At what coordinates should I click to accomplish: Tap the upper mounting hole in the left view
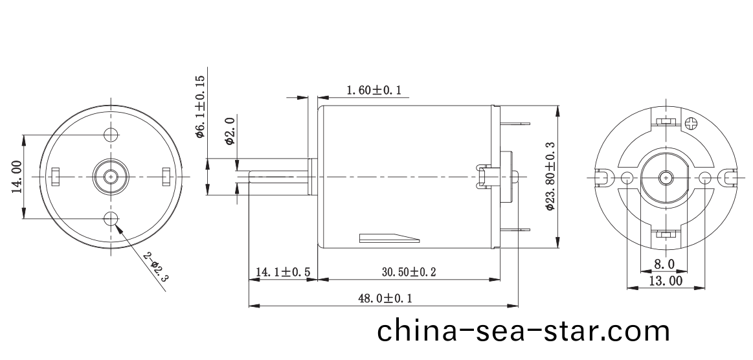111,134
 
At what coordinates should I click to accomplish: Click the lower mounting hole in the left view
111,218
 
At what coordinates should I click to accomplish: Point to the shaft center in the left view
111,175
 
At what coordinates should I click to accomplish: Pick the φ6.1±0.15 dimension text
200,107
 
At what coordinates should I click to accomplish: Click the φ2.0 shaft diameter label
229,131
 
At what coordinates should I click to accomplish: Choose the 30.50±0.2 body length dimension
408,273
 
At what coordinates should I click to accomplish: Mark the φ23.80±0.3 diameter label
550,177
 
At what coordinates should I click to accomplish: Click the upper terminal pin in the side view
516,123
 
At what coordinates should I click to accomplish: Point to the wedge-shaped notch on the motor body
389,238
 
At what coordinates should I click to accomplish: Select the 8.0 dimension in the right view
664,264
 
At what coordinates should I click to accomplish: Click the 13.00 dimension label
665,281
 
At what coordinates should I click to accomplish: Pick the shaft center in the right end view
665,177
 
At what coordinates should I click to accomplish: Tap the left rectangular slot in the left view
56,175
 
